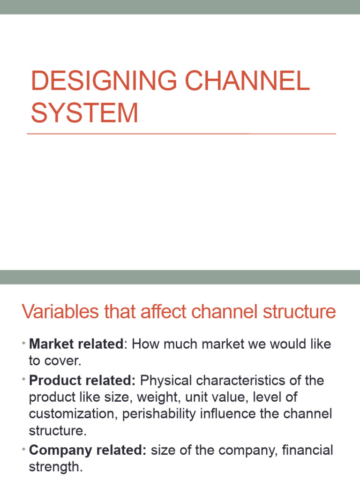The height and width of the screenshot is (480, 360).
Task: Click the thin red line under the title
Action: point(181,134)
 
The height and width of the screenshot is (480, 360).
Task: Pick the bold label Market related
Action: point(75,344)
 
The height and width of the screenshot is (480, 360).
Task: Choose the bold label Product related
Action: point(82,380)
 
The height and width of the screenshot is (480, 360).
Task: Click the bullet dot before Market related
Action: point(23,344)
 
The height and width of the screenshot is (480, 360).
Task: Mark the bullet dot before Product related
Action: point(23,380)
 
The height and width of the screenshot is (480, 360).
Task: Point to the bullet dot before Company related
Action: point(23,450)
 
